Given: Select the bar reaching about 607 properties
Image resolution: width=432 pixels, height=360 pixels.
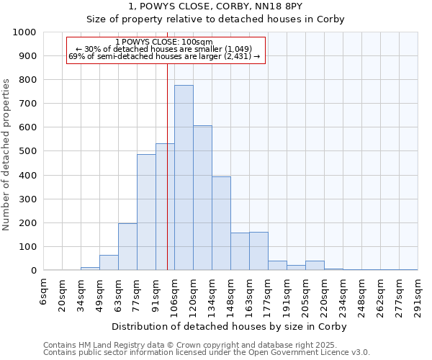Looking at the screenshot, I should tap(202, 198).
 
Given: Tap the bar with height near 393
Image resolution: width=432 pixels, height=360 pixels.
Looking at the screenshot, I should tap(221, 223).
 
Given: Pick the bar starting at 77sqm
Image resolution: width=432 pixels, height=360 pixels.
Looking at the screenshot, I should tap(146, 212).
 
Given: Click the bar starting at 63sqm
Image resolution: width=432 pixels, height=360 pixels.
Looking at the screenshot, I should tap(127, 247).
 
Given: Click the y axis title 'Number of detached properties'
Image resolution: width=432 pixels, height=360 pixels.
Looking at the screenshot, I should tap(6, 152).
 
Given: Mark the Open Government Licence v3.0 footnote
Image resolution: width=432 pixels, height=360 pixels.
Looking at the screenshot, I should tap(206, 353).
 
